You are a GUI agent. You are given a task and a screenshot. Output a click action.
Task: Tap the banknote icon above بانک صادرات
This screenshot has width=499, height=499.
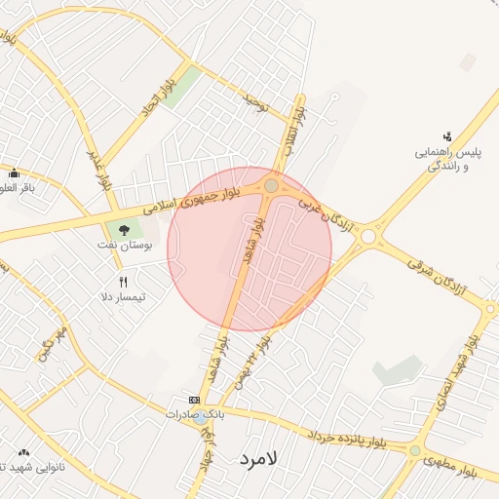tap(193, 401)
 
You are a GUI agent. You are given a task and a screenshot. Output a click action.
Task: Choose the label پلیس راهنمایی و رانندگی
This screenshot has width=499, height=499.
tap(449, 161)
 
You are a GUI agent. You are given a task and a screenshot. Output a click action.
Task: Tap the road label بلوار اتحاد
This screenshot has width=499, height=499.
tap(159, 100)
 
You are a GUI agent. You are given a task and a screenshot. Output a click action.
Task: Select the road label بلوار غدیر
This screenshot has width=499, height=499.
tap(99, 168)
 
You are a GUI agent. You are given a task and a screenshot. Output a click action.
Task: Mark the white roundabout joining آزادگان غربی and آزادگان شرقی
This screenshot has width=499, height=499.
tap(368, 236)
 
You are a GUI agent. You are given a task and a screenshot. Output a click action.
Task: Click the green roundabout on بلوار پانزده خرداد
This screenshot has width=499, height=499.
tap(416, 450)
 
